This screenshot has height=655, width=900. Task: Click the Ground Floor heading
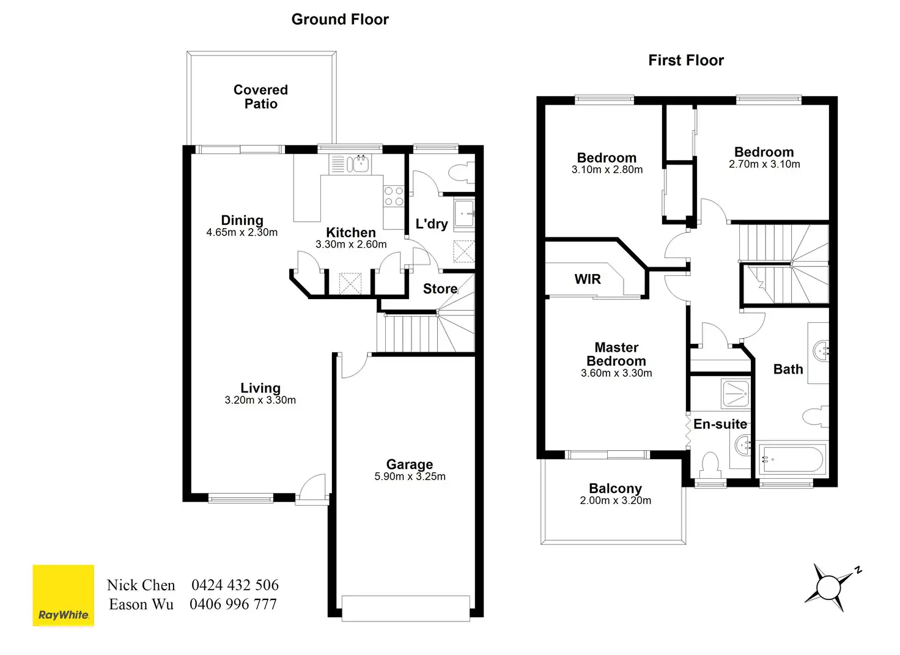(340, 20)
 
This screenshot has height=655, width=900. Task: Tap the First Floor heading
(686, 61)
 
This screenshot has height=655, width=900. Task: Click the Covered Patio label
(260, 97)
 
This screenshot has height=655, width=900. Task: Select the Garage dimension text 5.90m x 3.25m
(410, 477)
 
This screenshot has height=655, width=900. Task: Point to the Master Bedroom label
(616, 354)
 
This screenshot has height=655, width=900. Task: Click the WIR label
(588, 279)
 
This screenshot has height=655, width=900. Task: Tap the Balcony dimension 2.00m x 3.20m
(615, 501)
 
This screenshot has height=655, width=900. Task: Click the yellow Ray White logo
(64, 596)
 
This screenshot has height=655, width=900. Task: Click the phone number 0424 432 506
(235, 585)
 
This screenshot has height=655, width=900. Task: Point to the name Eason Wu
(141, 605)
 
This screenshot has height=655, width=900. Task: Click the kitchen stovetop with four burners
(394, 196)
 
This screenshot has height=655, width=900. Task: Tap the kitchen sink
(358, 164)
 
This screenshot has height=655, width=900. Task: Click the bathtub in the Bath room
(792, 458)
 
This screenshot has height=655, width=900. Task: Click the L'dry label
(432, 224)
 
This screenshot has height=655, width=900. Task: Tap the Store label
(440, 289)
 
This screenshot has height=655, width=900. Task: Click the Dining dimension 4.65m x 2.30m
(242, 233)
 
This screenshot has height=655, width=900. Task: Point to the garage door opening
(406, 608)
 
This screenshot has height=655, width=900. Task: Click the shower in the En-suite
(736, 394)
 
